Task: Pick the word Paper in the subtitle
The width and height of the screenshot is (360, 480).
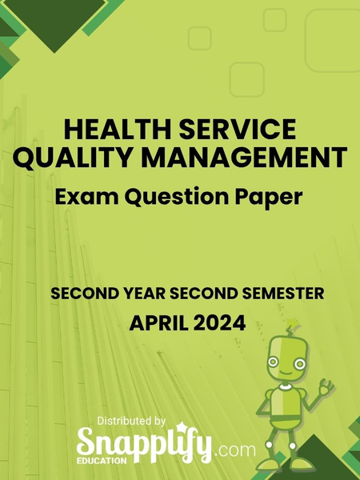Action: [270, 194]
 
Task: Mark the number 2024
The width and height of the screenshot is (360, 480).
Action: [217, 324]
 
